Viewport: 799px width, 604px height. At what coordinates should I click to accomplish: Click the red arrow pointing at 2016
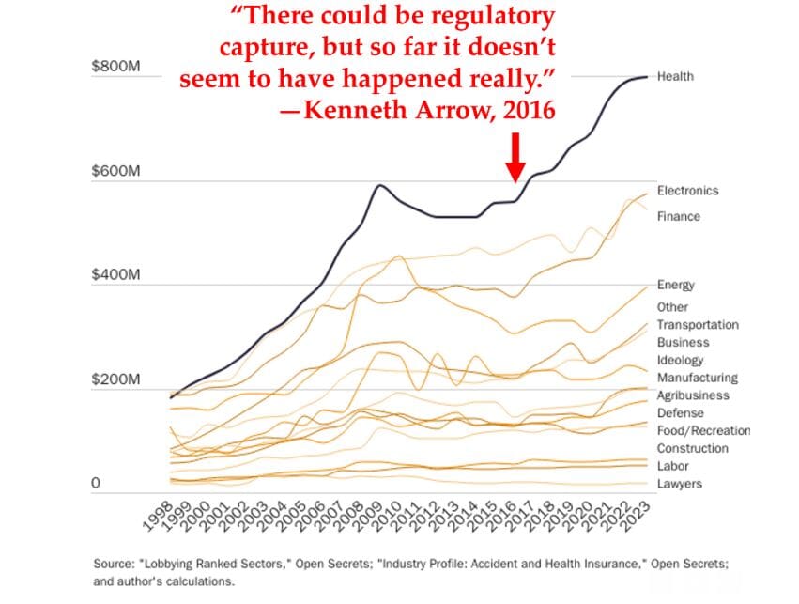click(x=515, y=157)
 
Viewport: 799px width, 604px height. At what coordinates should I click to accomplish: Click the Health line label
click(x=675, y=76)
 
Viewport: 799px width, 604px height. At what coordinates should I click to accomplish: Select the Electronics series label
click(x=687, y=191)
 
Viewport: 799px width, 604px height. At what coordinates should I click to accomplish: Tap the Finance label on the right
click(x=678, y=217)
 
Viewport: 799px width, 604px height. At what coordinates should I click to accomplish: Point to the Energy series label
click(x=676, y=286)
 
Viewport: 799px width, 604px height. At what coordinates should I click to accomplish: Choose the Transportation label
click(x=698, y=325)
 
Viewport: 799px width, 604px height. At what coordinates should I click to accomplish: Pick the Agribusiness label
click(x=694, y=395)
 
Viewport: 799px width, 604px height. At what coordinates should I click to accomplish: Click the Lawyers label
click(x=679, y=484)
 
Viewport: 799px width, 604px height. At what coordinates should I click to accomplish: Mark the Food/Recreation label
click(x=703, y=431)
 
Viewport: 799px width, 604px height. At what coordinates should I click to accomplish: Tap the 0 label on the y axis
click(x=96, y=484)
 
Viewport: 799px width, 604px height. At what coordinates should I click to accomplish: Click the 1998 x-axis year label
click(x=154, y=517)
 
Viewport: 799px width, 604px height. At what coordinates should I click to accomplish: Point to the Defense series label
click(x=680, y=413)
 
